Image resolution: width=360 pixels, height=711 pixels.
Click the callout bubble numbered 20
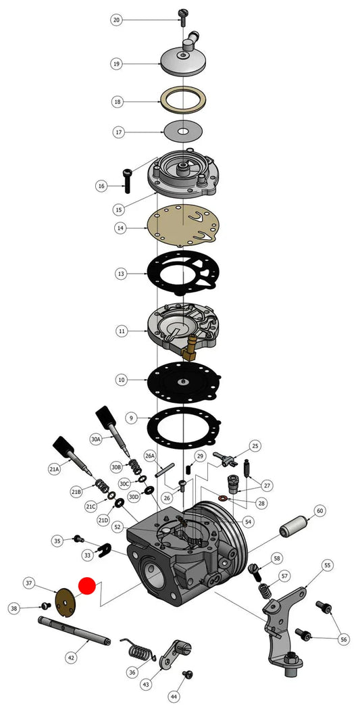(117, 20)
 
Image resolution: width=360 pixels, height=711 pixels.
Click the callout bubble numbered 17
(118, 132)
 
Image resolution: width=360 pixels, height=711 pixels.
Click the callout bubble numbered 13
(120, 274)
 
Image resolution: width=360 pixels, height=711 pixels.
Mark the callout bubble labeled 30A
(96, 439)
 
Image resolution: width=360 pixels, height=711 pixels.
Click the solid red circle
(87, 585)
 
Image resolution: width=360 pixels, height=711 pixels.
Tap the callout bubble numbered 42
(71, 657)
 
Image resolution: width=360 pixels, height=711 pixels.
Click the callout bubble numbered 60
(320, 512)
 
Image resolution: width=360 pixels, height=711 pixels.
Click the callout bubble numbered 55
(328, 565)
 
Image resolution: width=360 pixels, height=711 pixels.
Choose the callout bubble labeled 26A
(150, 455)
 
